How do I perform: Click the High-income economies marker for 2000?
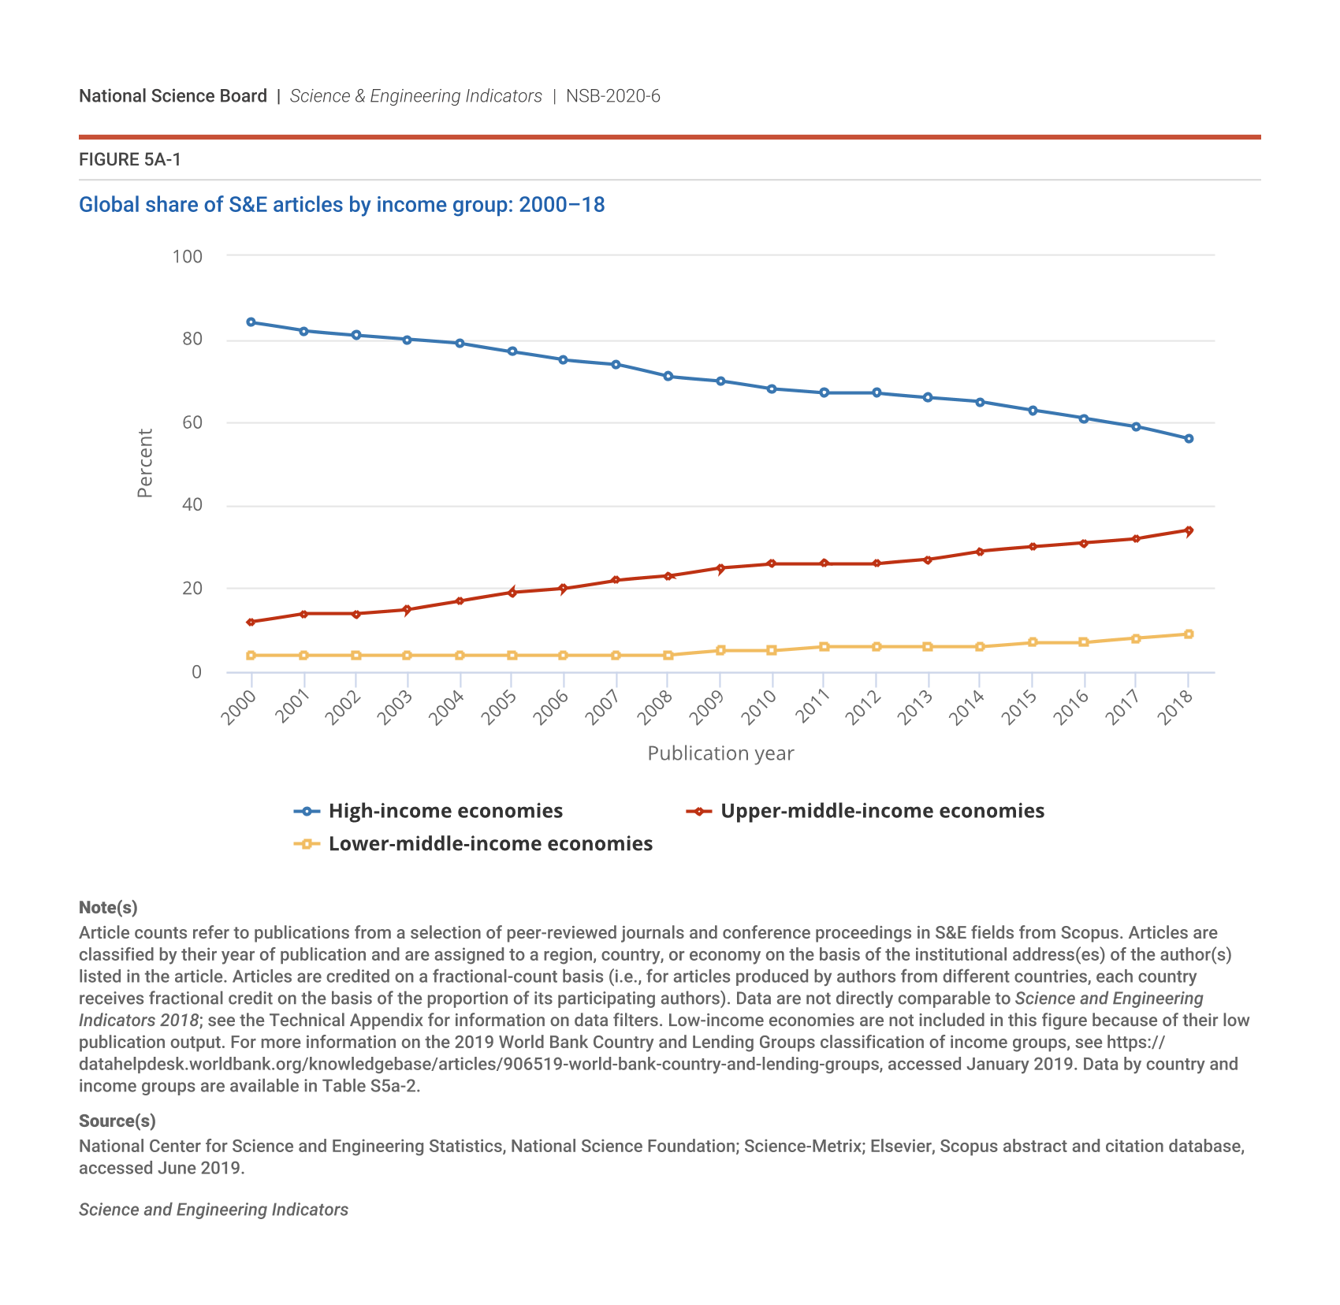251,322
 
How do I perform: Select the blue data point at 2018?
1189,439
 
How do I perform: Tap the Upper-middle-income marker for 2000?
251,623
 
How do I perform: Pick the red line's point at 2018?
1189,530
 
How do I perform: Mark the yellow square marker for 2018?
1189,634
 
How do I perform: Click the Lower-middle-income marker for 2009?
720,651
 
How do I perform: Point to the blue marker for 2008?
668,377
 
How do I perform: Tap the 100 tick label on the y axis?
188,257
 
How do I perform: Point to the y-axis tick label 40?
192,505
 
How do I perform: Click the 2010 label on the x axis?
760,707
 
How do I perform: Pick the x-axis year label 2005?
499,707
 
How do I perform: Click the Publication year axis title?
720,753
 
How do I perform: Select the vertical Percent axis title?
145,463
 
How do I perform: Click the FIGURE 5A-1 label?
130,160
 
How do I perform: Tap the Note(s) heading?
108,908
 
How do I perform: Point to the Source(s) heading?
117,1121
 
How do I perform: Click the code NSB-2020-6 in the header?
613,96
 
